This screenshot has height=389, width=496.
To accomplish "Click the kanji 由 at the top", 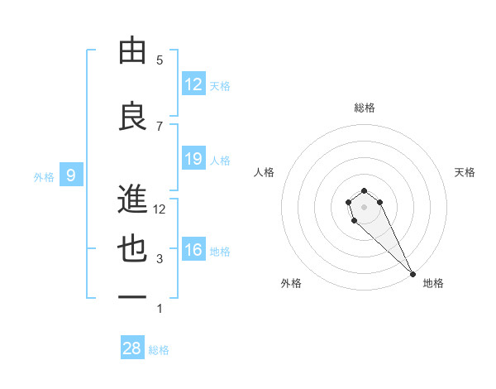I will (x=132, y=50).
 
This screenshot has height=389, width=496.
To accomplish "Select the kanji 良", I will (x=132, y=117).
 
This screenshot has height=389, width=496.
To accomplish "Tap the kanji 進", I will (x=132, y=199).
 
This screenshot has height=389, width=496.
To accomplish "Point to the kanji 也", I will (x=132, y=249).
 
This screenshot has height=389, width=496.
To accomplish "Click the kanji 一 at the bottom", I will (x=132, y=297).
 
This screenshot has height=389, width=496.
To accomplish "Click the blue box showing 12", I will (x=193, y=84).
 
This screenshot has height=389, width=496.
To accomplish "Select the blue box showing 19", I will (x=193, y=159).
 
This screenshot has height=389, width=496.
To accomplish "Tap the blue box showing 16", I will (x=193, y=250).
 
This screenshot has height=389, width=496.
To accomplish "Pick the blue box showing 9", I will (x=71, y=175).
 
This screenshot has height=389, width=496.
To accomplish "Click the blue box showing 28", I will (x=132, y=348).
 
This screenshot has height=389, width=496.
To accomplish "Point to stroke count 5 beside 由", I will (x=160, y=60).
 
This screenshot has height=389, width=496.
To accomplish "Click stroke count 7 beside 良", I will (x=160, y=126).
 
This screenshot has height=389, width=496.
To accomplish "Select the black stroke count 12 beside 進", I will (x=160, y=209).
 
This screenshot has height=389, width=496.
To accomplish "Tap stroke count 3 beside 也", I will (x=160, y=259).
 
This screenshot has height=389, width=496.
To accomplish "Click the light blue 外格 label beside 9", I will (x=44, y=176).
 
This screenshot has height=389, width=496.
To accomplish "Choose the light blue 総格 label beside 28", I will (x=159, y=350).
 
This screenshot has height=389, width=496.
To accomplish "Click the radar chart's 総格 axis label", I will (x=364, y=108).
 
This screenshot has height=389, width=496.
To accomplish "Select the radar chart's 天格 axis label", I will (x=465, y=172).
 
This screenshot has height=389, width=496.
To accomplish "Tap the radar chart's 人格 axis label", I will (x=264, y=172).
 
